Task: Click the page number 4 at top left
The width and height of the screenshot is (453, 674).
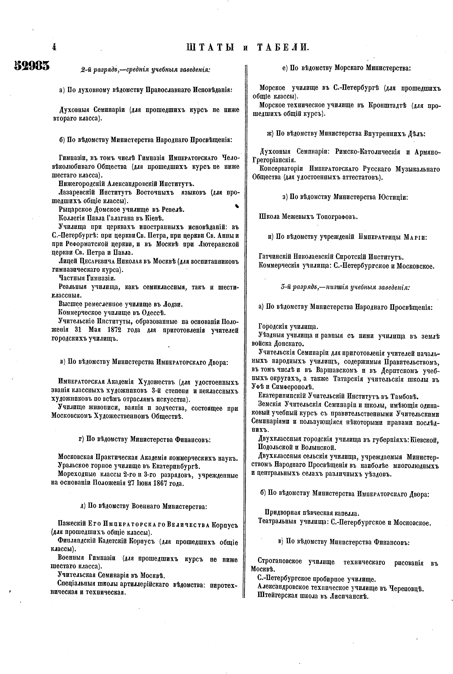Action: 54,47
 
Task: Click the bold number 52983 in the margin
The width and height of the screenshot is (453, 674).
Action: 32,66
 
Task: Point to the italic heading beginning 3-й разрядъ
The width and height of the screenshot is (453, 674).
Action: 345,287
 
